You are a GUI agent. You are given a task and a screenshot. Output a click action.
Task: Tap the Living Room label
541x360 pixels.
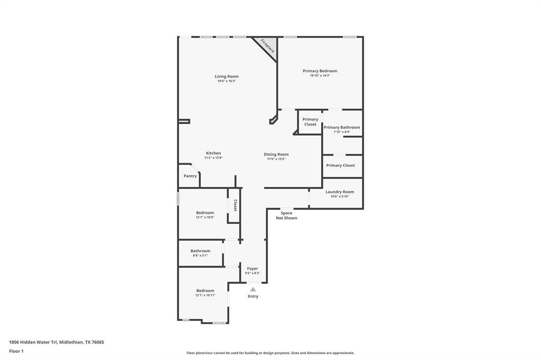coord(226,77)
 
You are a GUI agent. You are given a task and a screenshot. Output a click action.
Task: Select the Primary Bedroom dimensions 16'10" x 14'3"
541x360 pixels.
coord(320,75)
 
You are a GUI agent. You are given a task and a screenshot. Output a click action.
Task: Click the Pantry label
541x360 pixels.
coord(190,176)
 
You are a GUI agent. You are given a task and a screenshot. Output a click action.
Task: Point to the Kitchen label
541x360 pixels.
coord(213,153)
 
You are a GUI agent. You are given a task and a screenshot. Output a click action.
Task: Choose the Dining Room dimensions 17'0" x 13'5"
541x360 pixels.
coord(276,159)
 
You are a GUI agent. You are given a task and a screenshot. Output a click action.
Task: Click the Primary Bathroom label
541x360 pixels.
coord(342,127)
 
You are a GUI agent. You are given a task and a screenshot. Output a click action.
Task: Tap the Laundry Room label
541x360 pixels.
coord(340,192)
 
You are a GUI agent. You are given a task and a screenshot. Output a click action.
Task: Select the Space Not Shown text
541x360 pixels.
coord(286,215)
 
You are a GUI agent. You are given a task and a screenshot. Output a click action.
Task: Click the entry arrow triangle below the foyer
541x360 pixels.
coord(253,289)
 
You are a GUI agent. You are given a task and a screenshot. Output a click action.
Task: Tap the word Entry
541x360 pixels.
coord(253,296)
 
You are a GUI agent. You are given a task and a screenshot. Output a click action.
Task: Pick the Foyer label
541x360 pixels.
coord(253,268)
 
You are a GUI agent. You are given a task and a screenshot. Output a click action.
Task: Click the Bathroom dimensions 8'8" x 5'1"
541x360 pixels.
coord(200,255)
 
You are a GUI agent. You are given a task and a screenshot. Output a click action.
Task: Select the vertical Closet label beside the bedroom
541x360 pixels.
coord(235,205)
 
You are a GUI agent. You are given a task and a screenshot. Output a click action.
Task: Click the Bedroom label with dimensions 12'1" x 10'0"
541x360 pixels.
coord(205,213)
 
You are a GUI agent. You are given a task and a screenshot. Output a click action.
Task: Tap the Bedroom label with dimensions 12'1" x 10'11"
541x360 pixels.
coord(205,290)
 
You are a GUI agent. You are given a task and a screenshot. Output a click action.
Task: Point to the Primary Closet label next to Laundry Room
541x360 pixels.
coord(340,165)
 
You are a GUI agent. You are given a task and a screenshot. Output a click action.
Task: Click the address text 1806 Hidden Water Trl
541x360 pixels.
coord(57,342)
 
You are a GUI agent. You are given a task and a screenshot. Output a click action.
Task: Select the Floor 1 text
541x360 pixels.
coord(16,351)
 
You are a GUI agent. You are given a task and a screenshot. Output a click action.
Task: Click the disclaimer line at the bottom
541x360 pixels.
coord(270,353)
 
